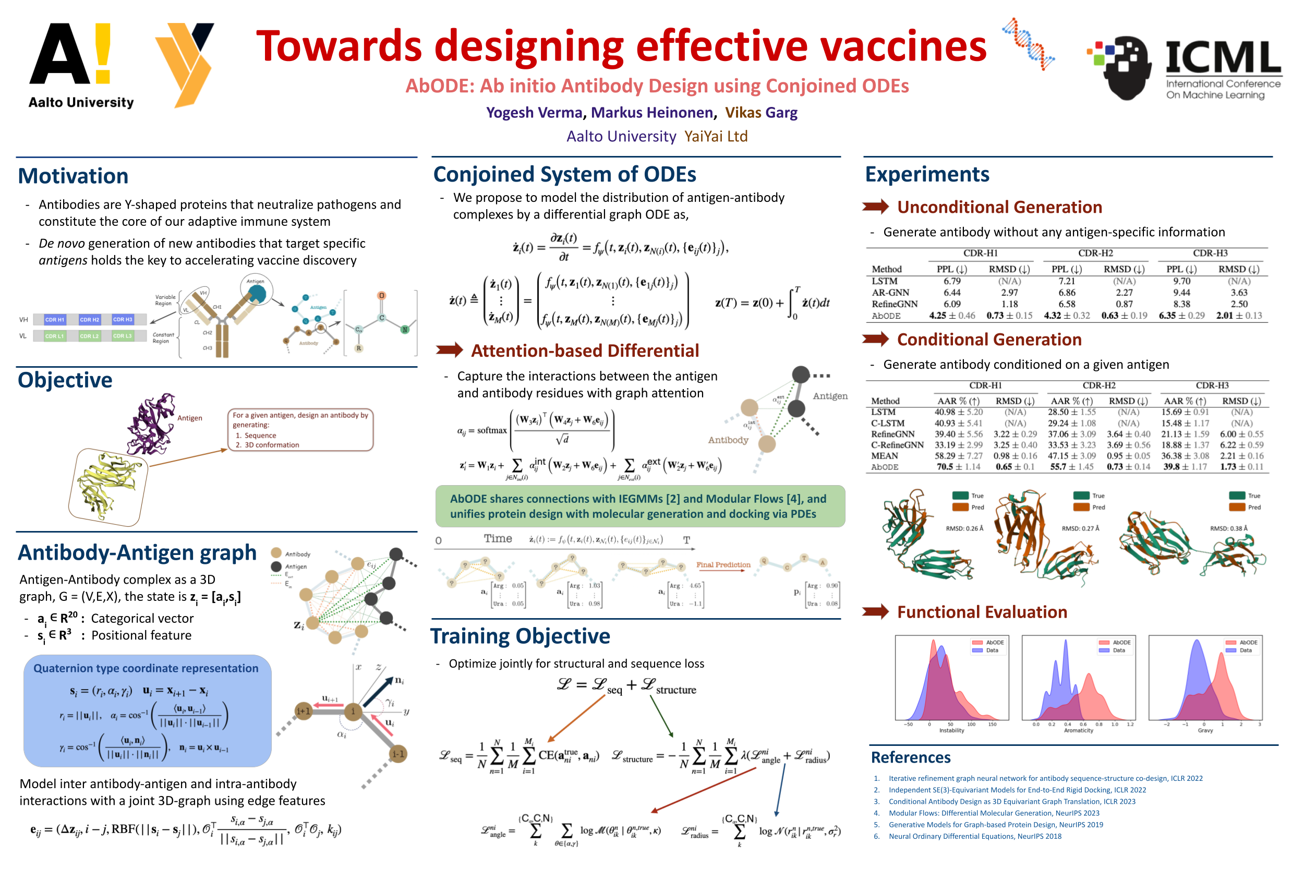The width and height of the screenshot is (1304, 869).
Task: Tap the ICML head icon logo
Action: click(x=1125, y=67)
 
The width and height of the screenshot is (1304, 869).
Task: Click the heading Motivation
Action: click(x=73, y=176)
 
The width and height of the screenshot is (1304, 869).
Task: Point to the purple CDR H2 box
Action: click(x=89, y=320)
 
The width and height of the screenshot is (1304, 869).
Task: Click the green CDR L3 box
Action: click(x=123, y=336)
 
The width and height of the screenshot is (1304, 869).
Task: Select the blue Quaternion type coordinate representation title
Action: click(x=146, y=668)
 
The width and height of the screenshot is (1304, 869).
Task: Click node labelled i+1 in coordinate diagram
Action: click(x=303, y=711)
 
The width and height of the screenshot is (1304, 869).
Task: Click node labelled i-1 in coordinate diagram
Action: click(x=398, y=754)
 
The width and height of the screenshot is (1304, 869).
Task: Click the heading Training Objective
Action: click(x=520, y=636)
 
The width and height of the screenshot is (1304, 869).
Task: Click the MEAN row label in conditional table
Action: click(x=884, y=456)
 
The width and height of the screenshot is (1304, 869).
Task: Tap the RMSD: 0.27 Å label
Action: click(x=1080, y=528)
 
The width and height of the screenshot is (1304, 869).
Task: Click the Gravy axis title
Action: click(x=1205, y=730)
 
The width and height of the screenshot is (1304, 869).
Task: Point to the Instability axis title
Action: click(x=951, y=730)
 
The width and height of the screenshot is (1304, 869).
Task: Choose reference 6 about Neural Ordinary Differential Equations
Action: click(x=974, y=836)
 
